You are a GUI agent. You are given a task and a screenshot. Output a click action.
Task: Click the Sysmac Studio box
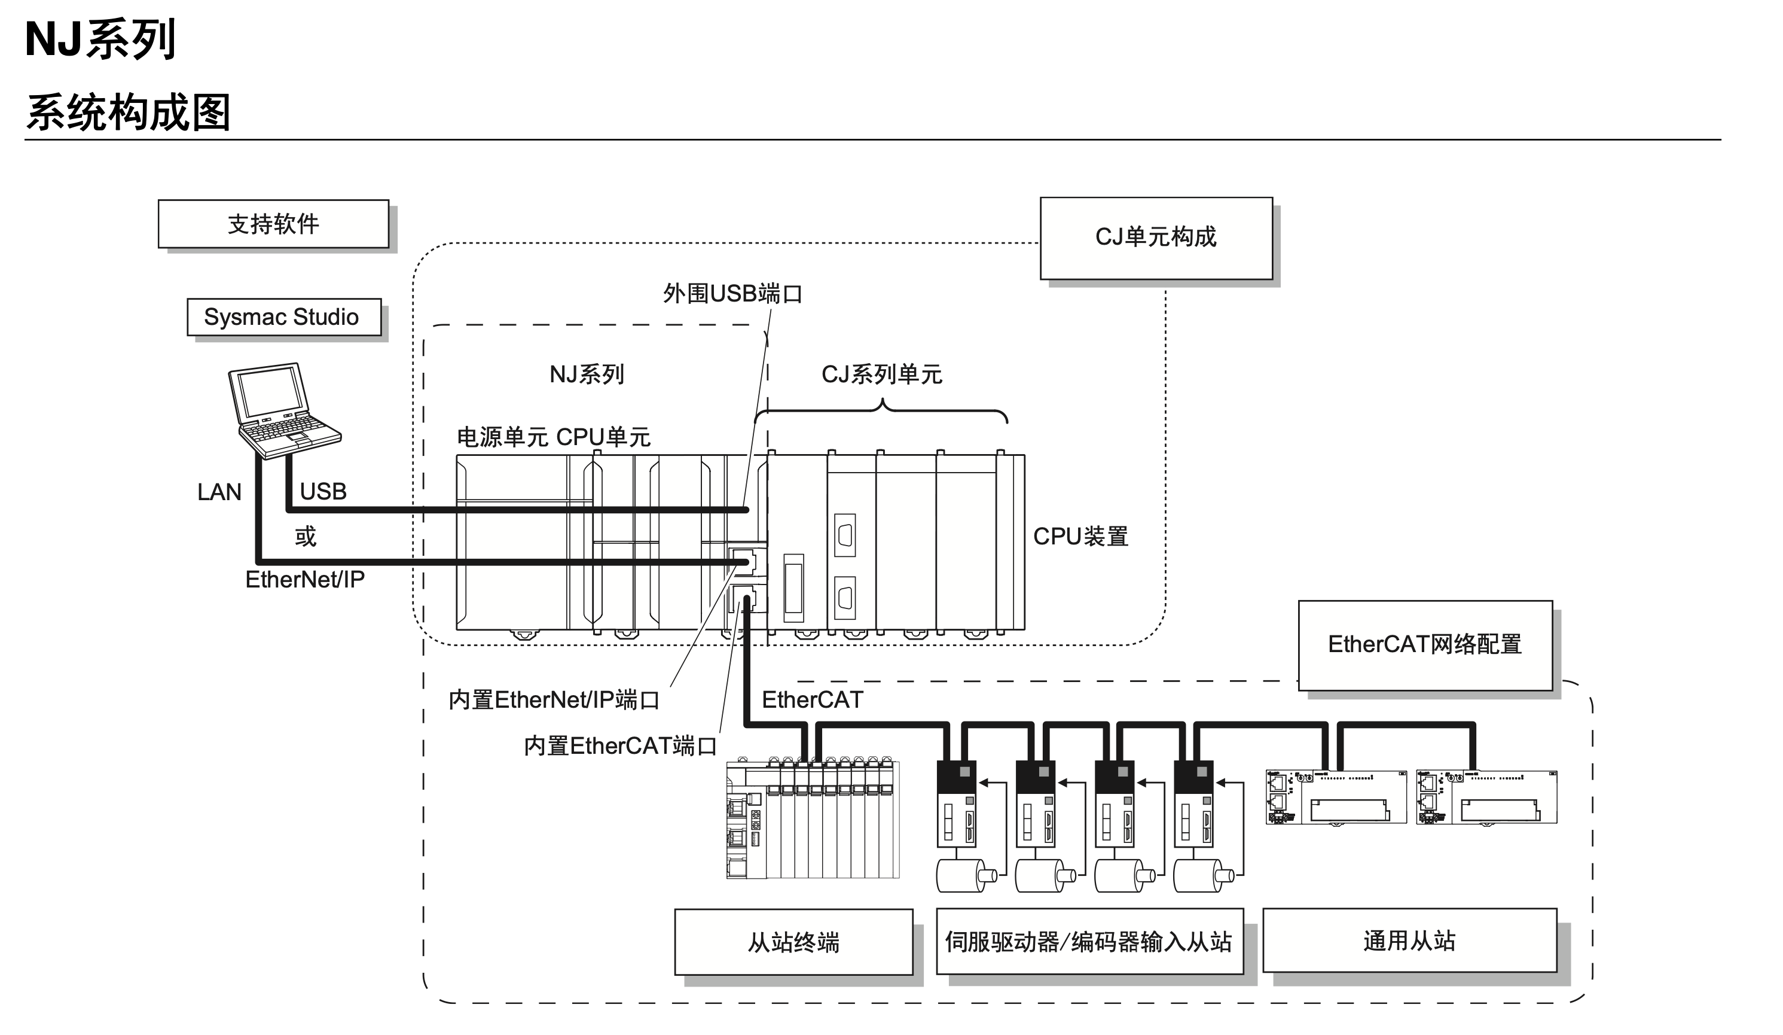[x=284, y=317]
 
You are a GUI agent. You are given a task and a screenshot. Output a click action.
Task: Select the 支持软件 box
[x=273, y=224]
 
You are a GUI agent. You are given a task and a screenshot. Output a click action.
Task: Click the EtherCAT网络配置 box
[x=1424, y=644]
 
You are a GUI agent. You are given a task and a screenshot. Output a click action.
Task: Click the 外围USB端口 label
[x=732, y=293]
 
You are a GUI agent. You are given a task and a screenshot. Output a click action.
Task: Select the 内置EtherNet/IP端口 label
[x=554, y=700]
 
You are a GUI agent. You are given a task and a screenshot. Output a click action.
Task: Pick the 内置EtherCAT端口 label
[x=620, y=746]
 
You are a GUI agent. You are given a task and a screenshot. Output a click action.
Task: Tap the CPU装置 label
[x=1080, y=537]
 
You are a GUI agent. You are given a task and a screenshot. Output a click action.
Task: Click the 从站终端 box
[x=793, y=942]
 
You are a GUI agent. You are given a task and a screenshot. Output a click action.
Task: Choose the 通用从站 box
[x=1409, y=941]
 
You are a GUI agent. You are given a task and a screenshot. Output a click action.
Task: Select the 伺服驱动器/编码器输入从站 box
[x=1089, y=942]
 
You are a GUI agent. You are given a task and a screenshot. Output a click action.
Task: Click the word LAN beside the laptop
[x=219, y=492]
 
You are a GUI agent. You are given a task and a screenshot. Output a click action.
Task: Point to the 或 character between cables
[x=306, y=537]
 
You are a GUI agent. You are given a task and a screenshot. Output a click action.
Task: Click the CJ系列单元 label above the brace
[x=881, y=375]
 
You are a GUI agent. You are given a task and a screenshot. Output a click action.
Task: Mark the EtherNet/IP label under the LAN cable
[x=305, y=580]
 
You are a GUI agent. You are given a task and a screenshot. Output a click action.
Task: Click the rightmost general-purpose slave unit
[x=1486, y=798]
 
